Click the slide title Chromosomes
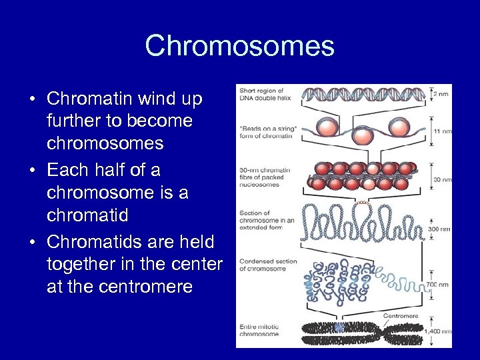click(x=239, y=46)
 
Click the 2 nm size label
click(x=440, y=95)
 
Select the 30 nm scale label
click(x=440, y=178)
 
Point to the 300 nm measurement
click(x=438, y=229)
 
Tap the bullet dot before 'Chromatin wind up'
click(x=32, y=99)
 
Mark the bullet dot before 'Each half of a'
click(x=32, y=171)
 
